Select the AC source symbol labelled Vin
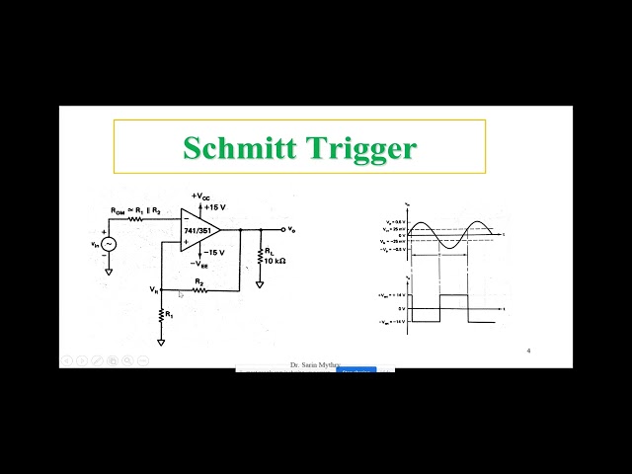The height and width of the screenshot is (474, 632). (x=108, y=244)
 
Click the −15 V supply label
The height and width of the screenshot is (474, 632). (x=215, y=252)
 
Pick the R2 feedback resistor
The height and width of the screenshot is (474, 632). (x=199, y=289)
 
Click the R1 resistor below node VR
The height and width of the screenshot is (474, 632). (x=160, y=315)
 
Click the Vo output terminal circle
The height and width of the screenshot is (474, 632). (x=282, y=229)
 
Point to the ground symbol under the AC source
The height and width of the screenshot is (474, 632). (x=108, y=270)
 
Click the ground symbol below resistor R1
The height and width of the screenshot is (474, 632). (x=160, y=341)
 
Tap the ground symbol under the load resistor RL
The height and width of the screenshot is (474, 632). (x=260, y=283)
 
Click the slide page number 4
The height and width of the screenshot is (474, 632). (x=529, y=351)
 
